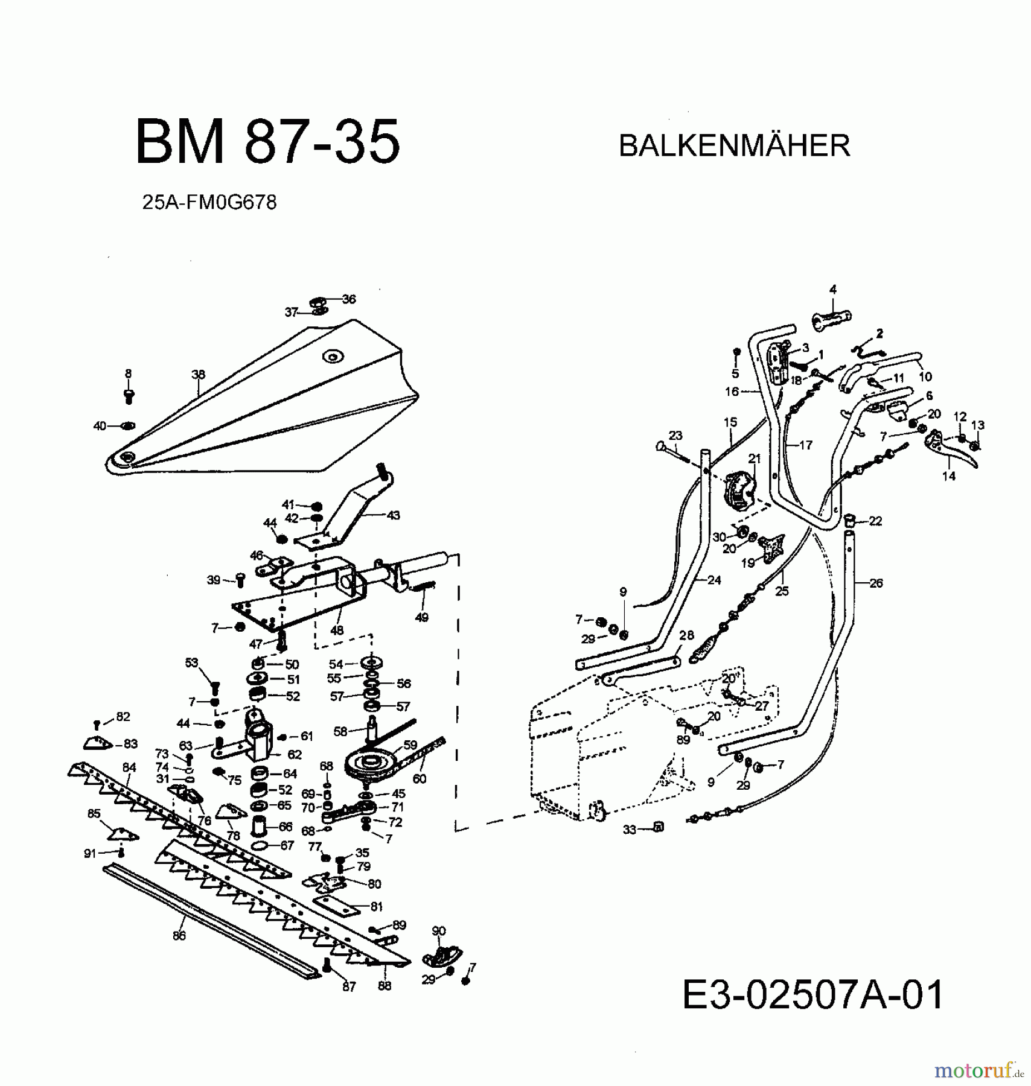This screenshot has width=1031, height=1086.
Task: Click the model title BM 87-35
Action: point(267,142)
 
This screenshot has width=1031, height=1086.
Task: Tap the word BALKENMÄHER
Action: point(734,146)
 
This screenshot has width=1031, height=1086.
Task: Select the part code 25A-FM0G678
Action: point(209,202)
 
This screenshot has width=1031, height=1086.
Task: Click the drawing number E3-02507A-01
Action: point(812,995)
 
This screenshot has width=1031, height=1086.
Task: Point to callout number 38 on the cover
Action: point(199,375)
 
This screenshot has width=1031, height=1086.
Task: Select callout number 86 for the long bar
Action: point(179,936)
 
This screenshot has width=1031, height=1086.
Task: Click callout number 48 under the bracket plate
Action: point(337,630)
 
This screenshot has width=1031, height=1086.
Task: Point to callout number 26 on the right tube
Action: point(876,583)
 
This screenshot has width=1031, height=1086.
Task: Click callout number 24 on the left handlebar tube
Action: point(714,580)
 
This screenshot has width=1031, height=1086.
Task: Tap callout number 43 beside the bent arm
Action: point(393,515)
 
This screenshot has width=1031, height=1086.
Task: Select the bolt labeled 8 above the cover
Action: point(129,396)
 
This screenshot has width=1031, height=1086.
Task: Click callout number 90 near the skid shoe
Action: point(439,931)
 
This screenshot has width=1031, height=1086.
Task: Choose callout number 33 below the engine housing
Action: point(630,830)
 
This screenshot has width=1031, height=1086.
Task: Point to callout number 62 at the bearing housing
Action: point(295,754)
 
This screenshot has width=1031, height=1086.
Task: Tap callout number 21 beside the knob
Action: point(755,459)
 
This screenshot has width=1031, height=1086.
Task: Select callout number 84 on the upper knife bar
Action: point(129,767)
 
